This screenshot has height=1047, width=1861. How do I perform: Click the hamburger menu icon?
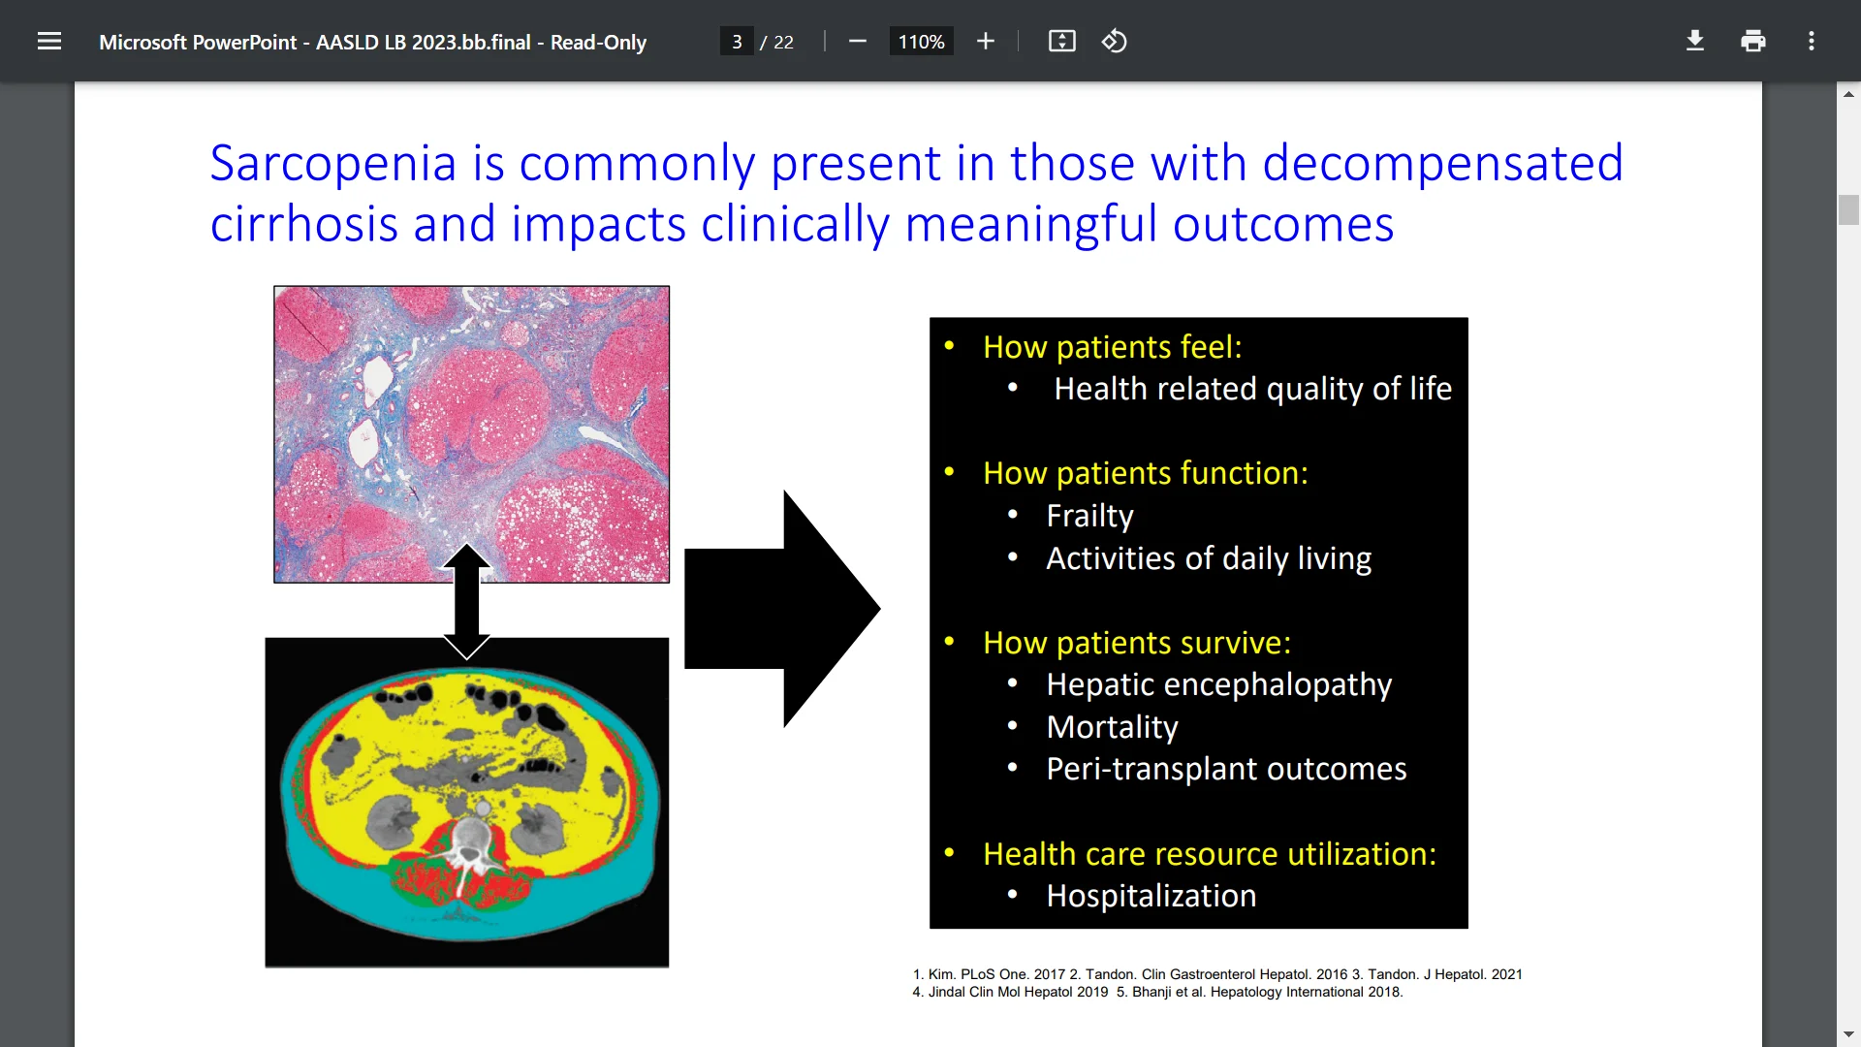coord(49,41)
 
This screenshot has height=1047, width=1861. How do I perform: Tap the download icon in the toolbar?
coord(1694,41)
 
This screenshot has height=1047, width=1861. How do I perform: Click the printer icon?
coord(1752,41)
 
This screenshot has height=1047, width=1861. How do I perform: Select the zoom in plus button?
coord(985,41)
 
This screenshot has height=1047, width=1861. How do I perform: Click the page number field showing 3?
coord(737,42)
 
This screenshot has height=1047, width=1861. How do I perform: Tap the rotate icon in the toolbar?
coord(1114,41)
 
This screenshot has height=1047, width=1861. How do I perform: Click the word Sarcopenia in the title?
coord(332,163)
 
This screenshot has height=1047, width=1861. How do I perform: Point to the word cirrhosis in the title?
coord(303,224)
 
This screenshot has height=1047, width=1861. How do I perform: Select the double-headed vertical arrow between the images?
coord(466,601)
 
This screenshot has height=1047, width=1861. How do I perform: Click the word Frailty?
coord(1089,516)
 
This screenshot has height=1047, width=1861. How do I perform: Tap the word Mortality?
coord(1112,727)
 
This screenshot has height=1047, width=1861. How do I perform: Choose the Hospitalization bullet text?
coord(1151,896)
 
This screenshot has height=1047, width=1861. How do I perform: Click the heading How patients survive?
coord(1136,643)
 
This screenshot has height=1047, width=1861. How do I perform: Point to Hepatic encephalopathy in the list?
coord(1218,684)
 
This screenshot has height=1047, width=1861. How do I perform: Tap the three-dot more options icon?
coord(1811,41)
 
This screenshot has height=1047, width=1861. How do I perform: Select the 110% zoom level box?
coord(921,42)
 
